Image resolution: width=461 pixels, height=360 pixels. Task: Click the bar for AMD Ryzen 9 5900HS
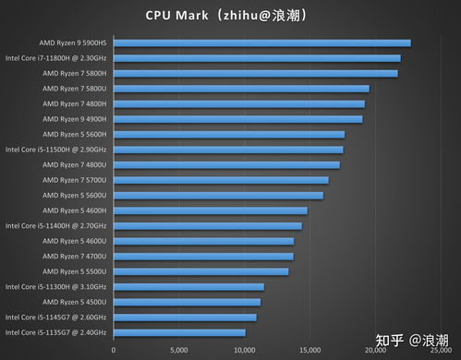click(262, 43)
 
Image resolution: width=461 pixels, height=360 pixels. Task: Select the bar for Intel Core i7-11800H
click(257, 58)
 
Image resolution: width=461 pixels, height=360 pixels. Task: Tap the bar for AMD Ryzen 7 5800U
click(241, 89)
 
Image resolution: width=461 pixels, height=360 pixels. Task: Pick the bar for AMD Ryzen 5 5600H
click(229, 135)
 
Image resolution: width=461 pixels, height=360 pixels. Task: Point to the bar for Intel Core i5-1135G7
click(179, 332)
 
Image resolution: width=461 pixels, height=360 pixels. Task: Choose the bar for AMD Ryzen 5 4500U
click(187, 302)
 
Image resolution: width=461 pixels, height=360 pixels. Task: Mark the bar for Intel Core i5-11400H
click(208, 226)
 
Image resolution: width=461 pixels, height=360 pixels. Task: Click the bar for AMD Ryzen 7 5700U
click(221, 180)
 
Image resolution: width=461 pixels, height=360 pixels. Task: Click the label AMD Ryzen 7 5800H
click(75, 74)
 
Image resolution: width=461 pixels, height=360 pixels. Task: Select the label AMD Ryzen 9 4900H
click(75, 119)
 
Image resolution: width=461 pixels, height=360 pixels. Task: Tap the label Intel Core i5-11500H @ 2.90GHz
click(55, 150)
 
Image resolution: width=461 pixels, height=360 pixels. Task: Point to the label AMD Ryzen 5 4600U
click(75, 241)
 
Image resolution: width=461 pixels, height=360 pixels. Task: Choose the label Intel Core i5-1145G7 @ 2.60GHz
click(55, 318)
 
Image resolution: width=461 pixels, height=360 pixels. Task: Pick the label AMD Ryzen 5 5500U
click(75, 271)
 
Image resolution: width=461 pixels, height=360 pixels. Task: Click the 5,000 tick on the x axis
click(179, 350)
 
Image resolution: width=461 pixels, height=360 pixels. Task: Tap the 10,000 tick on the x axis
click(245, 350)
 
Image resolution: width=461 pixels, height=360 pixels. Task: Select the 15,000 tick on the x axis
click(310, 350)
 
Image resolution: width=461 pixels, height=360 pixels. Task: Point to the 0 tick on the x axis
click(114, 350)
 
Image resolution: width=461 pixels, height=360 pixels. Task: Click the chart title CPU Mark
click(176, 16)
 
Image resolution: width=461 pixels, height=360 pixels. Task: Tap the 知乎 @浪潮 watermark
click(412, 341)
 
